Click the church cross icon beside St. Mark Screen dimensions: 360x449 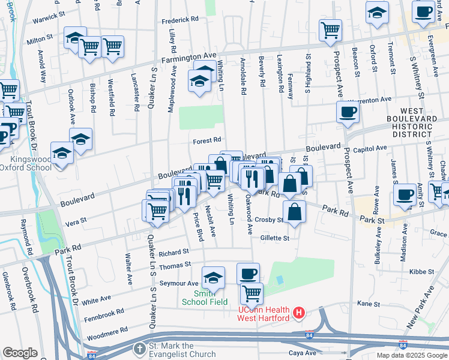(139, 349)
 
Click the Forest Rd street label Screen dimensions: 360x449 (208, 141)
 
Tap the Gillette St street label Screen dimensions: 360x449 (275, 238)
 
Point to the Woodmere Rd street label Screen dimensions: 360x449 (107, 330)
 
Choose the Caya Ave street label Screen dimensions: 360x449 (302, 352)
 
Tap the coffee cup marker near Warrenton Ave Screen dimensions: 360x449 (348, 112)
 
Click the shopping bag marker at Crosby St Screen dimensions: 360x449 (294, 212)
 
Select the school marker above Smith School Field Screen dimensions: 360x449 (213, 277)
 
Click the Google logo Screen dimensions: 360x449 (20, 353)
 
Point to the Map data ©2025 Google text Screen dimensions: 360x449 (411, 355)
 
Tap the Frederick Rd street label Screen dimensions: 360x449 (180, 20)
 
